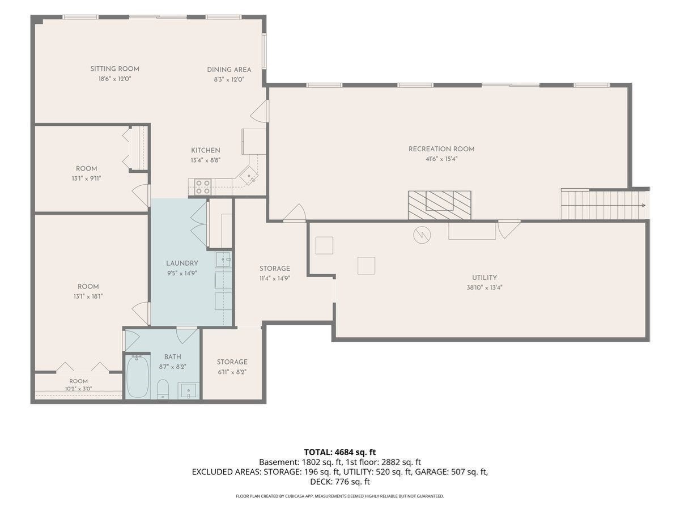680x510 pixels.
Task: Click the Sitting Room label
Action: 114,69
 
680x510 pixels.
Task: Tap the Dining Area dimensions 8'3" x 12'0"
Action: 229,79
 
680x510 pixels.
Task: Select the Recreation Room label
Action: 441,149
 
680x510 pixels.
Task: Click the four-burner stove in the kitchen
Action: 203,187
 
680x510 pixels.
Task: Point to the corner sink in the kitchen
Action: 249,176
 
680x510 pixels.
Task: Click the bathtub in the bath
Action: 138,376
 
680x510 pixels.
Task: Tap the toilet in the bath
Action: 163,389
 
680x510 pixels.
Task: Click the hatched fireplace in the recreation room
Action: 440,205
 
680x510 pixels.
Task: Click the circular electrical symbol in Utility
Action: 422,235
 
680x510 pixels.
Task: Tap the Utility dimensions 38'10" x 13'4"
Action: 484,288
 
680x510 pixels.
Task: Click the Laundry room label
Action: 182,263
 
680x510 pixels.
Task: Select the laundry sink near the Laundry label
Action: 223,259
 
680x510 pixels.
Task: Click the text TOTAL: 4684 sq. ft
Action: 340,452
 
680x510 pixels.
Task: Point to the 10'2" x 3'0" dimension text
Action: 78,389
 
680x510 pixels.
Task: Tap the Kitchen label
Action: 206,151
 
